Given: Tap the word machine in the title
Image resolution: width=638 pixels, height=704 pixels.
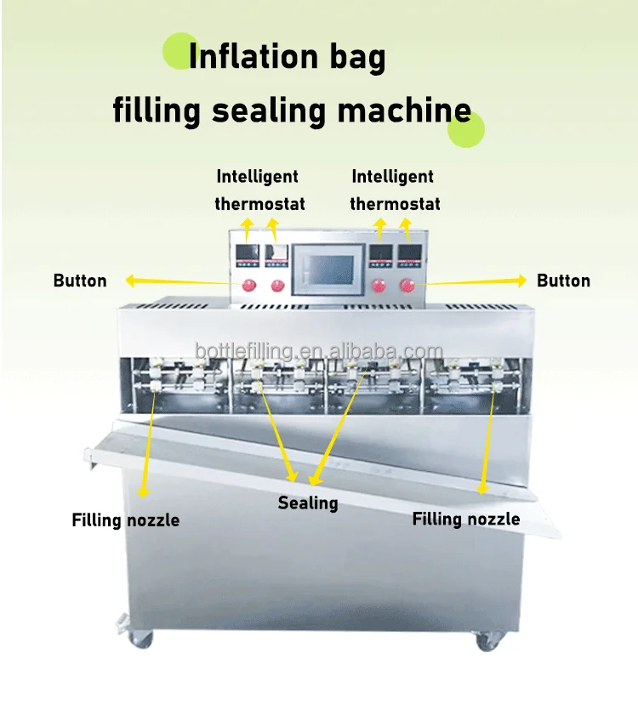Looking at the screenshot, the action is point(404,110).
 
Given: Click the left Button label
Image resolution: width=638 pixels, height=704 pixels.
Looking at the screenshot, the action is point(80,281).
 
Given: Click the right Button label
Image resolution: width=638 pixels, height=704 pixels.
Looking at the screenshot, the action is point(563,281).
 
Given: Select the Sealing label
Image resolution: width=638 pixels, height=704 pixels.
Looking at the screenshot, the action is point(308,503).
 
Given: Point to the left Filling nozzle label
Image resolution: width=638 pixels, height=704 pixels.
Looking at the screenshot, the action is point(126,519).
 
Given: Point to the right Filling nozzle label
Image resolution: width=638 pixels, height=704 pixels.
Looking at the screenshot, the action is point(466,519).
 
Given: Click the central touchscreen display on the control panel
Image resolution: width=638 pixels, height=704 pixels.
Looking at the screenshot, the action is point(328,270).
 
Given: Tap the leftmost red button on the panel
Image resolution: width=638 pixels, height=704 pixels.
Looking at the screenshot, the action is point(248,285).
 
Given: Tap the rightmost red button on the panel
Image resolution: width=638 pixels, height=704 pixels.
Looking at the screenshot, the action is point(407,285).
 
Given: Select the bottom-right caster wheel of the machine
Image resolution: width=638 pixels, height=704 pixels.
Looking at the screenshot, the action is point(487,640).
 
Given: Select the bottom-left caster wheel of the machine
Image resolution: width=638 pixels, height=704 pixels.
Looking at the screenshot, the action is point(140,638).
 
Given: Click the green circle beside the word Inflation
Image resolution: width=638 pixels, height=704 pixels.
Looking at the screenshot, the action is point(180,51).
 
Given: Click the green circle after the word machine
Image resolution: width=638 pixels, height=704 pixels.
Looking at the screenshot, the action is point(466,129).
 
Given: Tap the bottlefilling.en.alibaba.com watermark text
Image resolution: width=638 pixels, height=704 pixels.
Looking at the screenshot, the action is point(319,350).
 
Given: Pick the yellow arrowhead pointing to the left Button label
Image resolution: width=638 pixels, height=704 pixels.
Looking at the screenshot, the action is point(130,281).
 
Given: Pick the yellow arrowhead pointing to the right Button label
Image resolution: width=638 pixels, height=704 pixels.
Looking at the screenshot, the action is point(521,281).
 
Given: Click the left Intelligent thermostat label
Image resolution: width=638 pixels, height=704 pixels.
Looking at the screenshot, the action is point(259,190).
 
